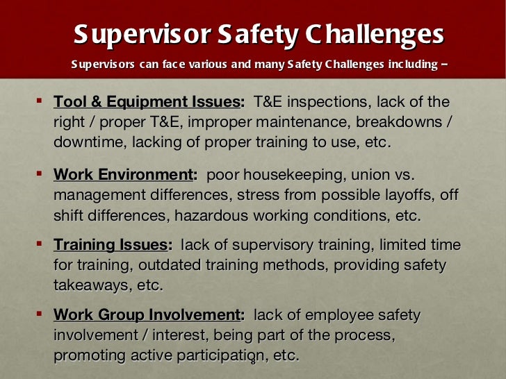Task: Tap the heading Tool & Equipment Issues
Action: pos(147,102)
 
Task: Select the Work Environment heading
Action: pos(122,176)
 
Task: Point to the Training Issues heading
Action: pos(112,245)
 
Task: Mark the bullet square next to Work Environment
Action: pos(39,174)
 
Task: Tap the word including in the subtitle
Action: pos(408,65)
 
